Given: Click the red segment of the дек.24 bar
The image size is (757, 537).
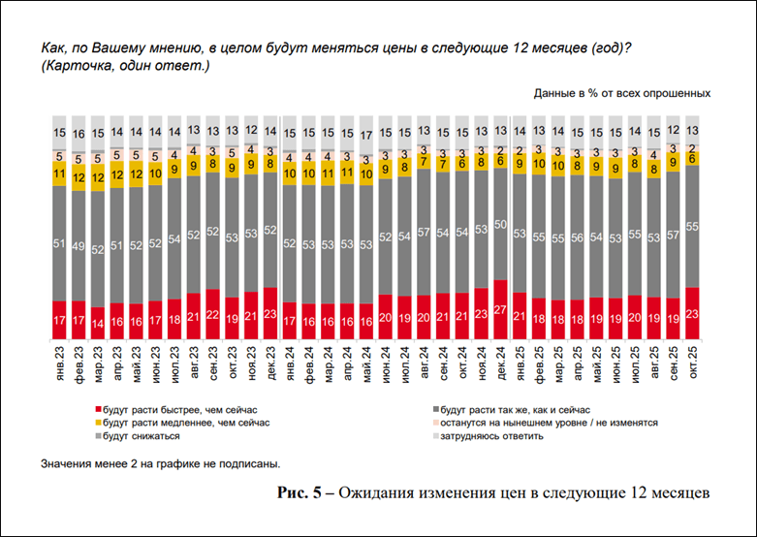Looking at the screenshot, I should click(499, 309).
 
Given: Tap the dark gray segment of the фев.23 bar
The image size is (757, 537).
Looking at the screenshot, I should click(77, 245).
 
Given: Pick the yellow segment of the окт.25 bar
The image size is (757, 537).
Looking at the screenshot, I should click(690, 158).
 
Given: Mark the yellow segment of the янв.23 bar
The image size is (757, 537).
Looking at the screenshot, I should click(57, 174).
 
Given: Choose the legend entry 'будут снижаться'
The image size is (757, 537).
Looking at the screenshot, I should click(146, 435).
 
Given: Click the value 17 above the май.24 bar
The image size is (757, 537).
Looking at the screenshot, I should click(365, 134).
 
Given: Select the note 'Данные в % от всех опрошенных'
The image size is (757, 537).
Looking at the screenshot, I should click(621, 94).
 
